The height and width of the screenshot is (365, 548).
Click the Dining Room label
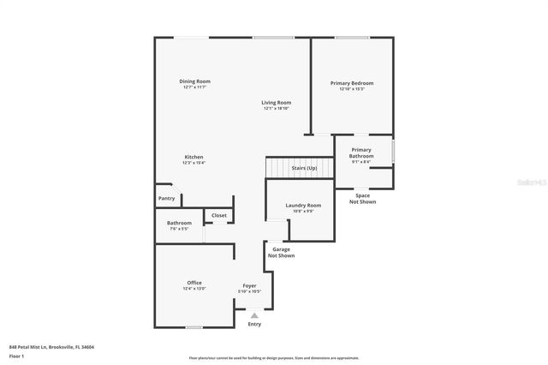click(194, 81)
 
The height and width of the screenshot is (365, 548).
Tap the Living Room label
click(277, 103)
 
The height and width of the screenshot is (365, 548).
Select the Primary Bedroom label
click(351, 83)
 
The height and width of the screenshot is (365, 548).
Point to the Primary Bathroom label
click(361, 153)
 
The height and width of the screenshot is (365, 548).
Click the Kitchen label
click(194, 157)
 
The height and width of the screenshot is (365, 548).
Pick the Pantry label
click(167, 199)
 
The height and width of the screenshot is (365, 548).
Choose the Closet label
click(219, 215)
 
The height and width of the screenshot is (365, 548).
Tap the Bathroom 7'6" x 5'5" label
click(180, 224)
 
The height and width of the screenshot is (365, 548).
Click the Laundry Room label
click(303, 206)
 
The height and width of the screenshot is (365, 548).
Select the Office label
click(194, 283)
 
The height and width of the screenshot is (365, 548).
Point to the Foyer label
click(249, 285)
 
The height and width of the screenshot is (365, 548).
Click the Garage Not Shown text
click(281, 252)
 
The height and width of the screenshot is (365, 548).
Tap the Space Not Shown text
click(362, 199)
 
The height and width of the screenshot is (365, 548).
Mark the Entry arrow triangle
click(254, 315)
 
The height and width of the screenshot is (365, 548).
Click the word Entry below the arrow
click(254, 324)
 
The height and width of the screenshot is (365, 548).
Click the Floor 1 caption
click(16, 356)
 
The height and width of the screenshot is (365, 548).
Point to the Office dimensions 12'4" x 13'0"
click(194, 288)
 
